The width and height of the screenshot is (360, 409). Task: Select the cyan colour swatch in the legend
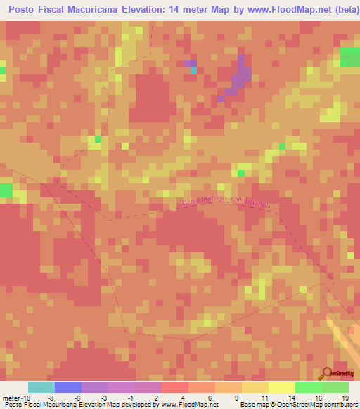coord(41,387)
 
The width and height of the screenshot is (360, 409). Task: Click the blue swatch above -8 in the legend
coord(68,387)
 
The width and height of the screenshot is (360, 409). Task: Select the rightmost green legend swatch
coord(335,387)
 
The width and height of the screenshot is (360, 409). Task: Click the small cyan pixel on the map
coord(193,70)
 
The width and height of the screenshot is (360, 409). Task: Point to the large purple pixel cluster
coord(240,78)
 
